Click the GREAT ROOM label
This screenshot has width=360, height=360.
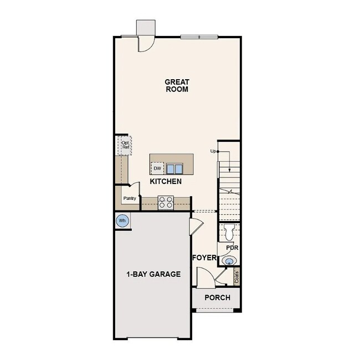click(x=177, y=85)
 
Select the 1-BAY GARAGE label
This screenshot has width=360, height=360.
click(x=153, y=274)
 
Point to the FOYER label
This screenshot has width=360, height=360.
click(x=203, y=258)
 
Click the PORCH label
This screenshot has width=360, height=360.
click(x=217, y=298)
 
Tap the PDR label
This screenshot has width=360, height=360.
click(x=232, y=247)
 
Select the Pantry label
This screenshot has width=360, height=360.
click(x=130, y=198)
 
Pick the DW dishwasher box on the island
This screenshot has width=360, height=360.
click(x=157, y=168)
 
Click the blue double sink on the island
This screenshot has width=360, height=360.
click(x=175, y=168)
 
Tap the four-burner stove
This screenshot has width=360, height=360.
click(x=166, y=203)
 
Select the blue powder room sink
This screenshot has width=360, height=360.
click(x=227, y=261)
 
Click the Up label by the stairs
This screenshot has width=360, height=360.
click(x=213, y=151)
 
